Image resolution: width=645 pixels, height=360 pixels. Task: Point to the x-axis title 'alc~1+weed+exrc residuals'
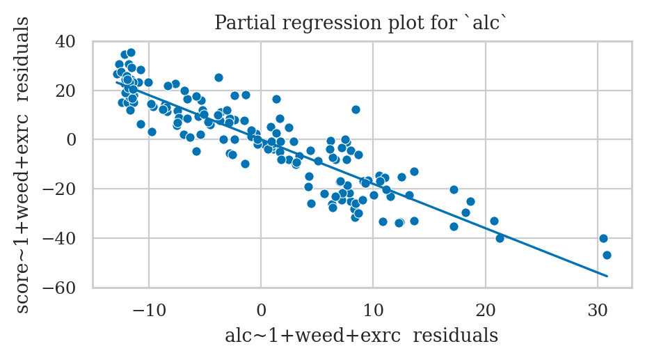[x=361, y=336]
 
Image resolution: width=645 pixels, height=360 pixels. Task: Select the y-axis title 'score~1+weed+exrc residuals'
[x=23, y=164]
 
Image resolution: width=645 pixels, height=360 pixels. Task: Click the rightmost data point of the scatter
[x=607, y=255]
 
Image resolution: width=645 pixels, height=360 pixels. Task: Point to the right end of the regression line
[x=607, y=276]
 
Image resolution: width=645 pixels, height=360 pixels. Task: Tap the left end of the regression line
[x=116, y=82]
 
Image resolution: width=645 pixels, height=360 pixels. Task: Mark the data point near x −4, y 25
[x=218, y=77]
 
